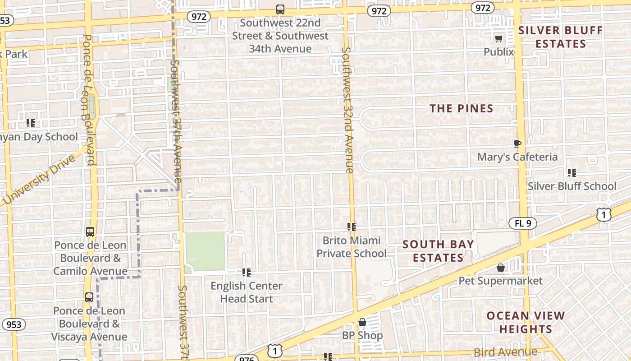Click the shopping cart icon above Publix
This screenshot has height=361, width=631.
(x=498, y=38)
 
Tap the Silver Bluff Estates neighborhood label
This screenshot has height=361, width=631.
(x=560, y=37)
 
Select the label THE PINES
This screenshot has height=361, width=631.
(x=461, y=108)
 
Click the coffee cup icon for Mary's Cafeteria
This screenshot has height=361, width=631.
(x=517, y=143)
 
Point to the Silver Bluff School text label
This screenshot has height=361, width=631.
(x=572, y=186)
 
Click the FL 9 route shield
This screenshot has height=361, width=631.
(x=522, y=223)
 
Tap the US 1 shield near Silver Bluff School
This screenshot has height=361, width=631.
(x=604, y=214)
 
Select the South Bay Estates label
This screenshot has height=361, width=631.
(x=438, y=251)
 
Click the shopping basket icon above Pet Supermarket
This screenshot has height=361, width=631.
(x=500, y=268)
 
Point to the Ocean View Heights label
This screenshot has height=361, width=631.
(x=526, y=322)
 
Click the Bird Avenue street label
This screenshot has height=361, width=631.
(x=505, y=352)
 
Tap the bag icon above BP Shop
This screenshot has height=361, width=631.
(x=362, y=322)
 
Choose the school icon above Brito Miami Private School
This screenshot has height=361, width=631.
(x=352, y=227)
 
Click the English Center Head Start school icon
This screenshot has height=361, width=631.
(x=246, y=272)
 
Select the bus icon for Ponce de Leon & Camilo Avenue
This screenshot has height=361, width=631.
(x=90, y=232)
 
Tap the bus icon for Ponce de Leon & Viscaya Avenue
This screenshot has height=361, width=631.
(x=89, y=297)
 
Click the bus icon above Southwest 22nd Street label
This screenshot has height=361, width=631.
(x=280, y=9)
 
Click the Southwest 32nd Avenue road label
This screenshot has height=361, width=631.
(x=347, y=110)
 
